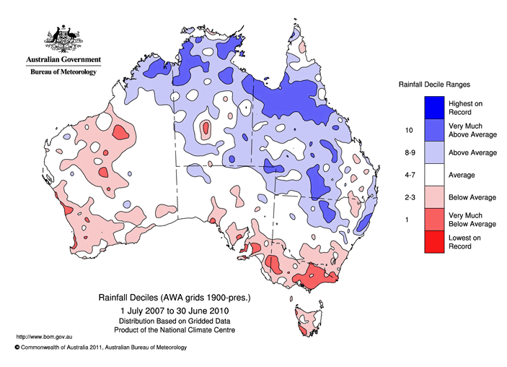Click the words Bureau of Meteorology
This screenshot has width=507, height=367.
61,72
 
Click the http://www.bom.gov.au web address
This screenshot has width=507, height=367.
43,337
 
